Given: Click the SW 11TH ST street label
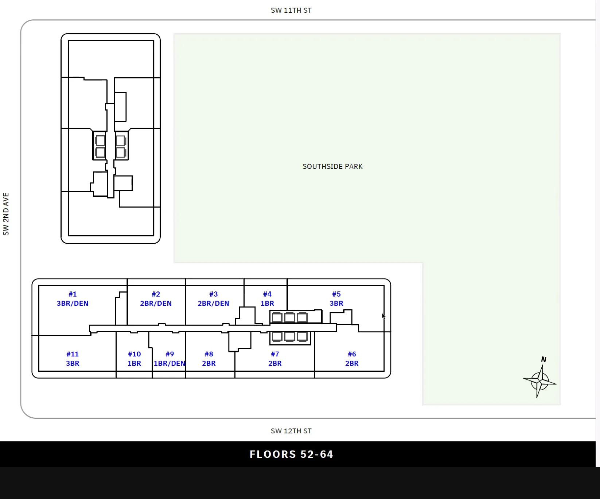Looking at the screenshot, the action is pyautogui.click(x=291, y=10).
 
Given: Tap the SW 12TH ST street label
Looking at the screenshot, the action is pyautogui.click(x=291, y=431).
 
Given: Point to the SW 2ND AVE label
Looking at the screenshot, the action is pyautogui.click(x=6, y=214).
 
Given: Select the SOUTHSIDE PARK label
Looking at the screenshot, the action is pyautogui.click(x=332, y=166).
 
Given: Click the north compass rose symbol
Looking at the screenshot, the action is pyautogui.click(x=540, y=382).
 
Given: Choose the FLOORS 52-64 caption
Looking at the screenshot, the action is pyautogui.click(x=291, y=454).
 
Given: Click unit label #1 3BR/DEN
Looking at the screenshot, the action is pyautogui.click(x=73, y=299).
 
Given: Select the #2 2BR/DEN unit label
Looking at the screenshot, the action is pyautogui.click(x=156, y=299).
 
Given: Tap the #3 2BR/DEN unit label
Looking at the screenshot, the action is pyautogui.click(x=213, y=299).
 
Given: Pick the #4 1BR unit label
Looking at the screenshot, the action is pyautogui.click(x=267, y=299).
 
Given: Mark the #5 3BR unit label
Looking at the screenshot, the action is pyautogui.click(x=336, y=299).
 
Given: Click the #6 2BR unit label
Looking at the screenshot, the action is pyautogui.click(x=352, y=359).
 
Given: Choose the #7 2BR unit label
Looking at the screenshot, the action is pyautogui.click(x=275, y=359).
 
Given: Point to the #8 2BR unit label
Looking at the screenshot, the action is pyautogui.click(x=209, y=359).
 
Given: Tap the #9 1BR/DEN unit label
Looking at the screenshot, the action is pyautogui.click(x=170, y=359).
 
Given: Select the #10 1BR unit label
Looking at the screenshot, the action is pyautogui.click(x=134, y=359).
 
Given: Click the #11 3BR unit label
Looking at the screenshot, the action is pyautogui.click(x=73, y=359).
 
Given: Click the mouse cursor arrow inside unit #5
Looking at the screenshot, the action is pyautogui.click(x=383, y=316).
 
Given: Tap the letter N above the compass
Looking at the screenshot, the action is pyautogui.click(x=543, y=359).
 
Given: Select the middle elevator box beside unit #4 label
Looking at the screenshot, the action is pyautogui.click(x=289, y=317).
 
